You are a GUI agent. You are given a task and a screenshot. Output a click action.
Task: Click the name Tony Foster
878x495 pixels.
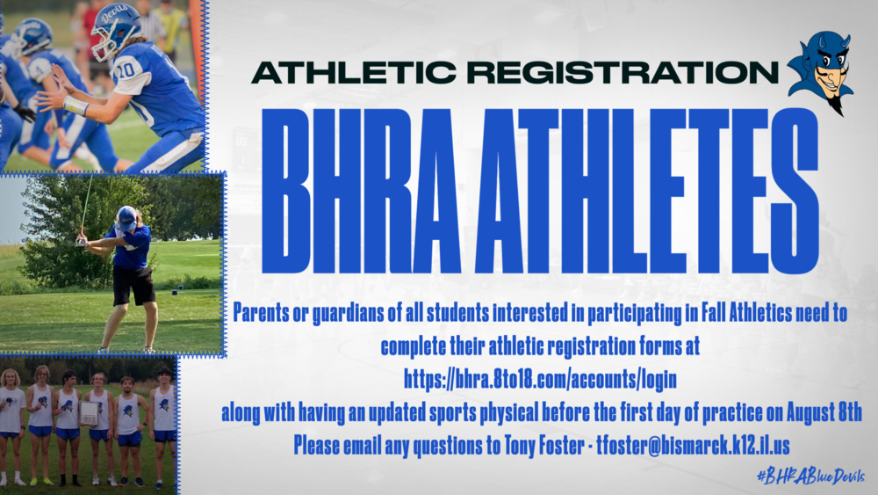point(540,445)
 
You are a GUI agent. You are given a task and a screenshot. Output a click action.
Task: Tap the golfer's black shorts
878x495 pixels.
point(133,284)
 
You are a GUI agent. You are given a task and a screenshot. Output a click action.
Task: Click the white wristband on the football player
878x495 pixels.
point(76,106)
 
